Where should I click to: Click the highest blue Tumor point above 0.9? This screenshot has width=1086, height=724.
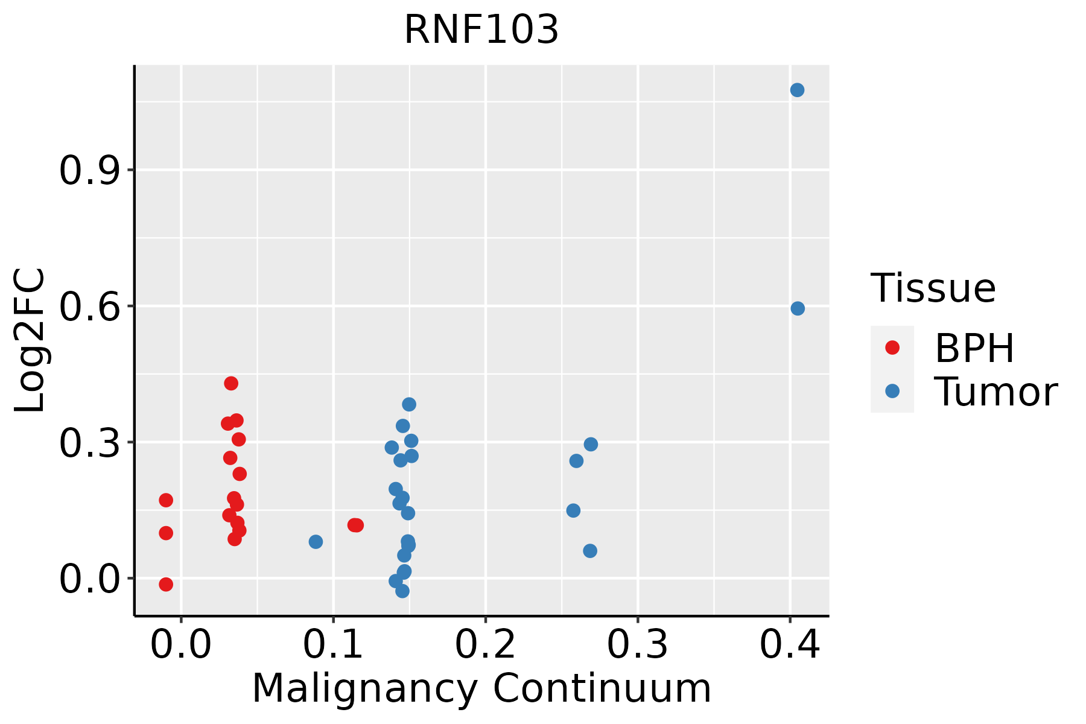click(797, 91)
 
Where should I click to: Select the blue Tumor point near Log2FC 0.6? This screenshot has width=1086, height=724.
click(798, 309)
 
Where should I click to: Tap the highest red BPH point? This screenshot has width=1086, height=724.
click(231, 383)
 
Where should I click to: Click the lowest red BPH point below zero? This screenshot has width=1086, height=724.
click(166, 584)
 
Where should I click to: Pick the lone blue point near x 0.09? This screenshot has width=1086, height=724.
click(316, 542)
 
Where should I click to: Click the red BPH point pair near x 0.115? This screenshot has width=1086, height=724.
click(356, 525)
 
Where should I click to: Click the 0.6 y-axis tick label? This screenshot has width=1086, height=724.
click(88, 307)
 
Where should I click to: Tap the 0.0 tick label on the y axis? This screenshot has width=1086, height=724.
click(88, 580)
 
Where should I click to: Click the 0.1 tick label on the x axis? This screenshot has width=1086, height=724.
click(333, 645)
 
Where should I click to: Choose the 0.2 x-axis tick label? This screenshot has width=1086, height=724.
click(485, 645)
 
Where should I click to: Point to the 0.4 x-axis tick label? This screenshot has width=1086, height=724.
click(789, 645)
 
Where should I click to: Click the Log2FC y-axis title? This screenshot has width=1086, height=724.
click(30, 341)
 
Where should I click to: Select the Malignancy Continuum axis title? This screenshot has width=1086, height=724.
click(481, 688)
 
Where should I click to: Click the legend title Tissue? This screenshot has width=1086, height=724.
click(933, 288)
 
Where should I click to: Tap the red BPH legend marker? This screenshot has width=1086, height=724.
click(892, 348)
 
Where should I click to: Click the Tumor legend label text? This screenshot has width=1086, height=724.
click(996, 392)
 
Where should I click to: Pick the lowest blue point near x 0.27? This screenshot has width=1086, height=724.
click(590, 551)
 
